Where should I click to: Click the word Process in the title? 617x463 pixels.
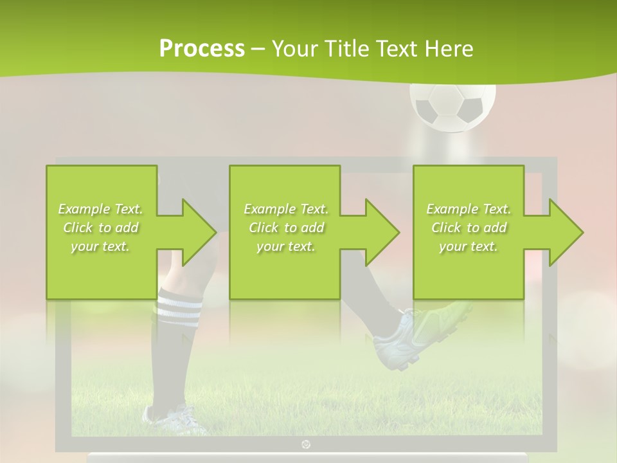pyautogui.click(x=202, y=48)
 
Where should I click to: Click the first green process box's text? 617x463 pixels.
pyautogui.click(x=101, y=228)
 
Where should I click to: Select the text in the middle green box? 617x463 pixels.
pyautogui.click(x=286, y=228)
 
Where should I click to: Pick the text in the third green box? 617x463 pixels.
pyautogui.click(x=469, y=228)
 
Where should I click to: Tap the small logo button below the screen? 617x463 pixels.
pyautogui.click(x=305, y=444)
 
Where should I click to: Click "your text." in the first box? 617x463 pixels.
pyautogui.click(x=101, y=246)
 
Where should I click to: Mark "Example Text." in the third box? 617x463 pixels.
pyautogui.click(x=469, y=209)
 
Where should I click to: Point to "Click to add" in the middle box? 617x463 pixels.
pyautogui.click(x=286, y=228)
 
